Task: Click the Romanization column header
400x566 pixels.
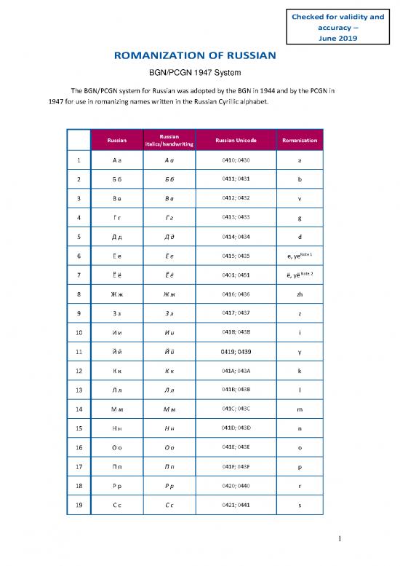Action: pos(300,139)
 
